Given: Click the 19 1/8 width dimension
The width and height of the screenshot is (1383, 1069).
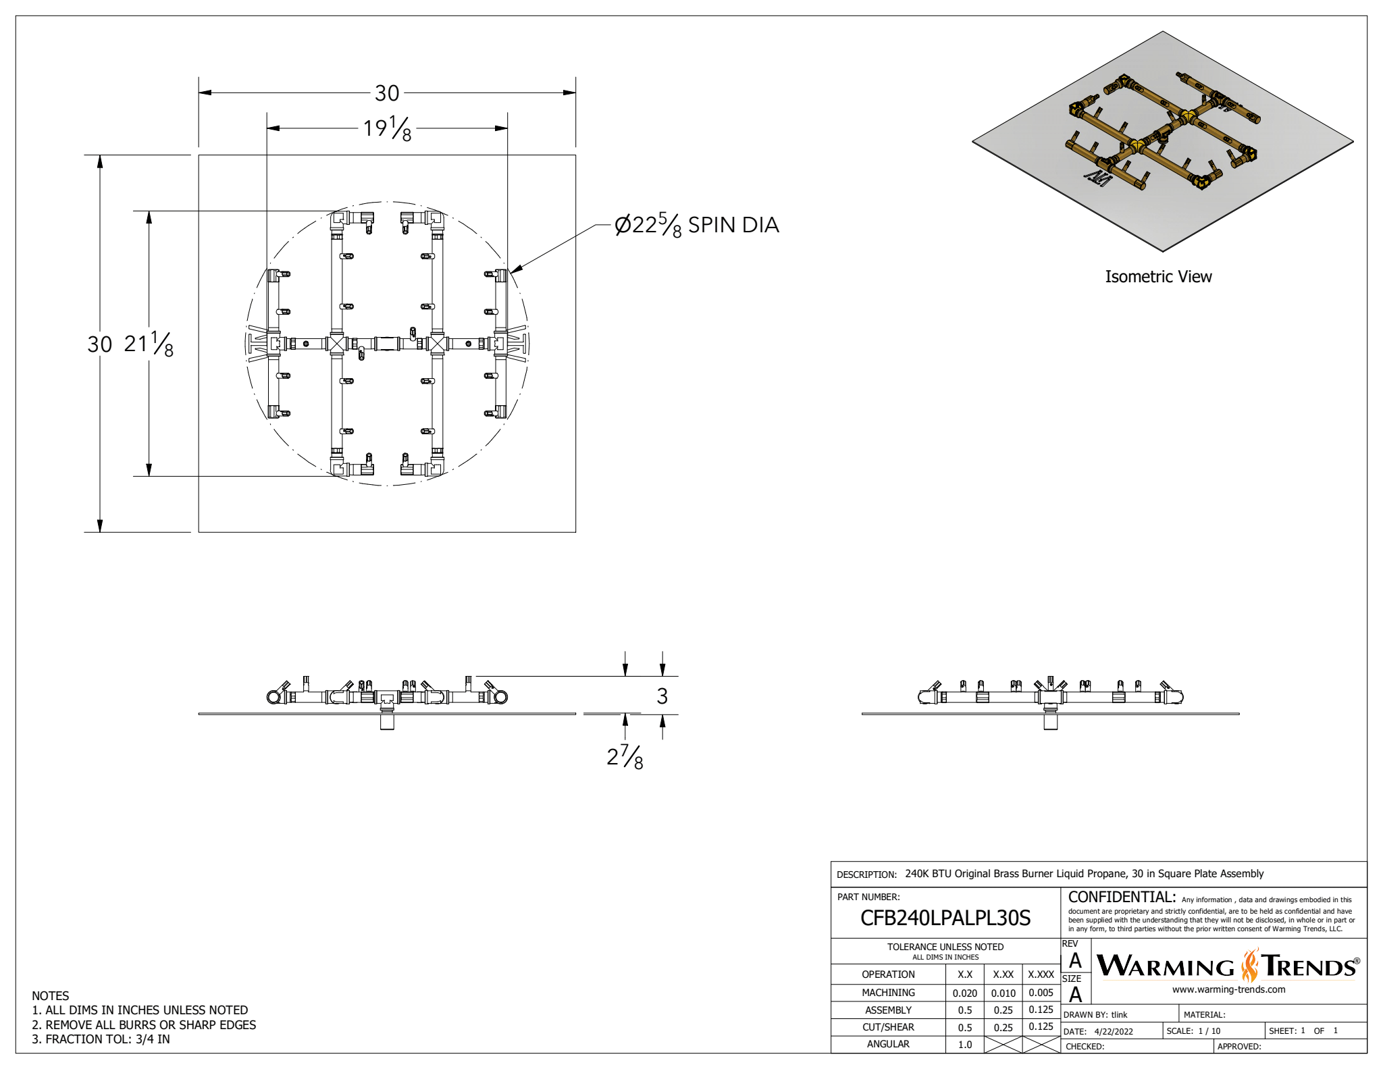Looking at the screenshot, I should (387, 128).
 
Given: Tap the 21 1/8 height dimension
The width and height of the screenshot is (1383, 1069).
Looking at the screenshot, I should (149, 344).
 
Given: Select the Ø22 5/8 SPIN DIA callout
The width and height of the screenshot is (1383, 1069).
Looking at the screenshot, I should (696, 225).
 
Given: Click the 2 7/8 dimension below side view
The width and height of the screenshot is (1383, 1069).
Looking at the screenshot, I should (625, 757).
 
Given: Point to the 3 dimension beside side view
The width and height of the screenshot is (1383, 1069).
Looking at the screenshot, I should (662, 696).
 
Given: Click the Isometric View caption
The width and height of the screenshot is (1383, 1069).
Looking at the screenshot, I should (1158, 277).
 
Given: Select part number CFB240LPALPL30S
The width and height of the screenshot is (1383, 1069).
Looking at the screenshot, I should (945, 918).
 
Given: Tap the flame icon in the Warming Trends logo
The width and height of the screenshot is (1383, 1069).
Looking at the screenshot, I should (1250, 966).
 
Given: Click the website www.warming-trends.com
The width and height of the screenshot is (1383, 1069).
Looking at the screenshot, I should (1228, 990).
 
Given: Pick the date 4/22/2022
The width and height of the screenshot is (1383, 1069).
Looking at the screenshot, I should (1114, 1032).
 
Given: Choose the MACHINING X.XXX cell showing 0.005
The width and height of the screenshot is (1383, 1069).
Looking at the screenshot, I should (1041, 993).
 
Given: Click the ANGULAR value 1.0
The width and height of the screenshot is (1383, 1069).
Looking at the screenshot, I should (965, 1045).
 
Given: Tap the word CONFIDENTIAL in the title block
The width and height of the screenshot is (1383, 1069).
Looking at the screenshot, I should (1122, 897).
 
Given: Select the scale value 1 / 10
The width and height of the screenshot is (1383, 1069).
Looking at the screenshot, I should (1209, 1031).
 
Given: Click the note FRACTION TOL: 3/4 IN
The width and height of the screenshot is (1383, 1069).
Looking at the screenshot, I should (101, 1039).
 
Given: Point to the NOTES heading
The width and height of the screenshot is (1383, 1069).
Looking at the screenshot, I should (50, 996).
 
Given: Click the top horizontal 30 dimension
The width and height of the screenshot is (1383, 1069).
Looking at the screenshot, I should (387, 93).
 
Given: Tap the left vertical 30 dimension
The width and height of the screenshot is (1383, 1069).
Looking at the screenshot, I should (99, 344).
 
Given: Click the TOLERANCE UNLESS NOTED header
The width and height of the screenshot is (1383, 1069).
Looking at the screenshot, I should (945, 947).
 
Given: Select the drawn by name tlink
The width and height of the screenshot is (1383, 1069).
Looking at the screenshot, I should (1120, 1015).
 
